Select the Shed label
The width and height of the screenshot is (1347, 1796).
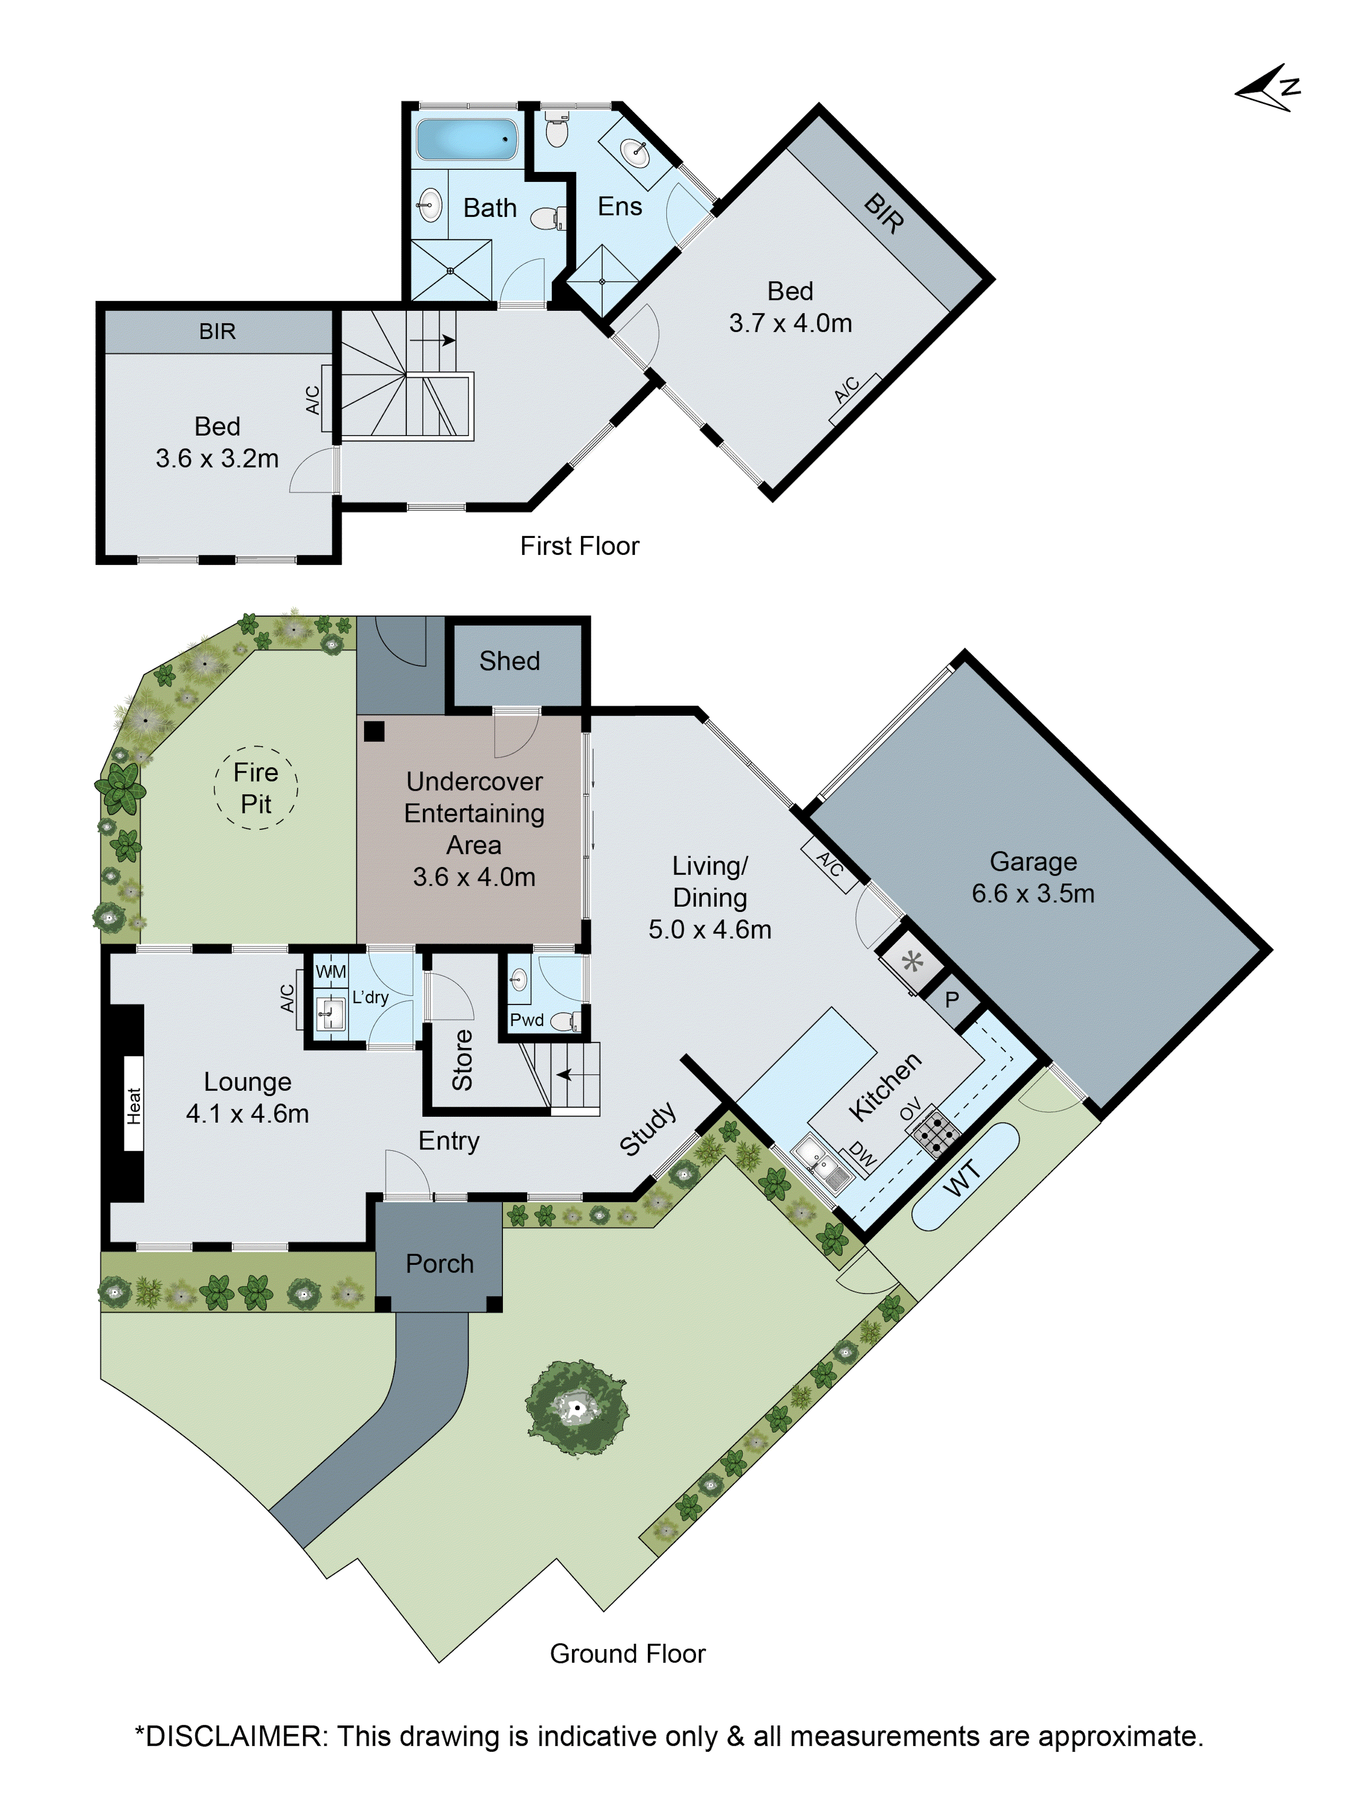click(x=509, y=661)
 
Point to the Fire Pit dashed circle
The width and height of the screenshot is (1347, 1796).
click(x=256, y=788)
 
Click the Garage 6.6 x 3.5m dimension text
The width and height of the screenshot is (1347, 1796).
click(x=1033, y=893)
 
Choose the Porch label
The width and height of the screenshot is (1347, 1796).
click(x=439, y=1263)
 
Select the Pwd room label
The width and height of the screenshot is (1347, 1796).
click(x=526, y=1020)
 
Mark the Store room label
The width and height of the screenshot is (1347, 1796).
click(x=462, y=1060)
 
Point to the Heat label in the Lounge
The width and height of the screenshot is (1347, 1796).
click(x=134, y=1106)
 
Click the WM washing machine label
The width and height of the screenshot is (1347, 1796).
click(x=330, y=971)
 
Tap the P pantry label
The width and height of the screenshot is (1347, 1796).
click(x=951, y=999)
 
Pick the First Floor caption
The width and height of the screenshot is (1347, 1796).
click(x=579, y=546)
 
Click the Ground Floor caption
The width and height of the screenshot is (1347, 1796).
click(x=627, y=1653)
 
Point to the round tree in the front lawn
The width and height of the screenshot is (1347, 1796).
click(x=577, y=1409)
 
